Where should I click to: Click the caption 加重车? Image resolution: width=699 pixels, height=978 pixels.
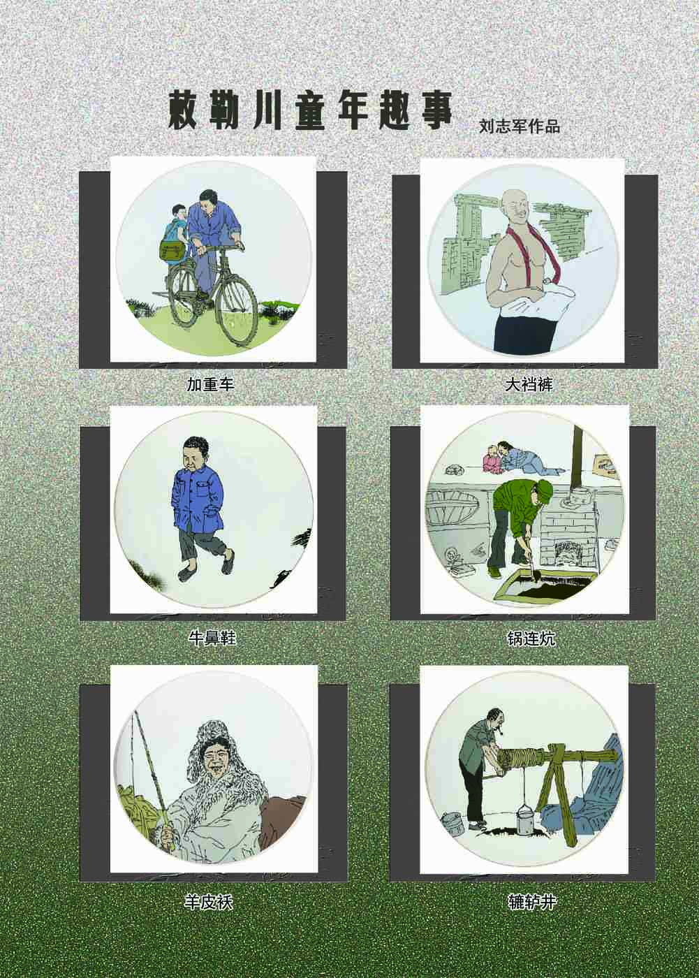click(211, 384)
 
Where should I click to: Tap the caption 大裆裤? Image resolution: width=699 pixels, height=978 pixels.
click(529, 384)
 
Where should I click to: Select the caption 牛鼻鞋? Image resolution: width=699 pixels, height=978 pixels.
click(212, 638)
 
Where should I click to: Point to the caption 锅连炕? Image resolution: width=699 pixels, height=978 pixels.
click(531, 638)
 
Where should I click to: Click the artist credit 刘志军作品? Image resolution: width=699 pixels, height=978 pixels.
click(520, 126)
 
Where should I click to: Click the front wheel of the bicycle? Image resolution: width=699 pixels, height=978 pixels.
click(237, 313)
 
